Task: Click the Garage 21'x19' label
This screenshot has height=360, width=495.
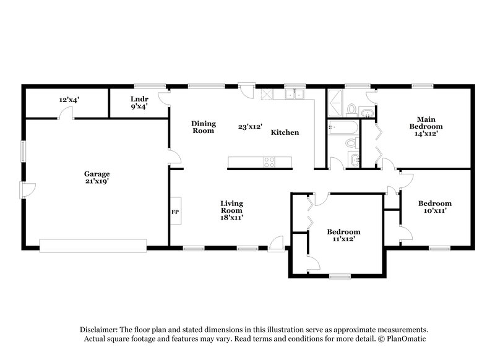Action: point(98,178)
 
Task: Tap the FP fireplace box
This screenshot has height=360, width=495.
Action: point(174,212)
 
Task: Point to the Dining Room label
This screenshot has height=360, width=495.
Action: point(203,127)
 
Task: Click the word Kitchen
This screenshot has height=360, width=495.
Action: point(285,132)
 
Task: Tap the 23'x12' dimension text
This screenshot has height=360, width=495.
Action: point(250,127)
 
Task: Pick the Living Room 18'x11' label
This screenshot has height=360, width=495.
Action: point(232,210)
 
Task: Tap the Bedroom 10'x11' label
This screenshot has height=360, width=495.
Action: point(434,207)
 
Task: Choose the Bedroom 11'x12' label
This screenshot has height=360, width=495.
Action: point(343,235)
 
